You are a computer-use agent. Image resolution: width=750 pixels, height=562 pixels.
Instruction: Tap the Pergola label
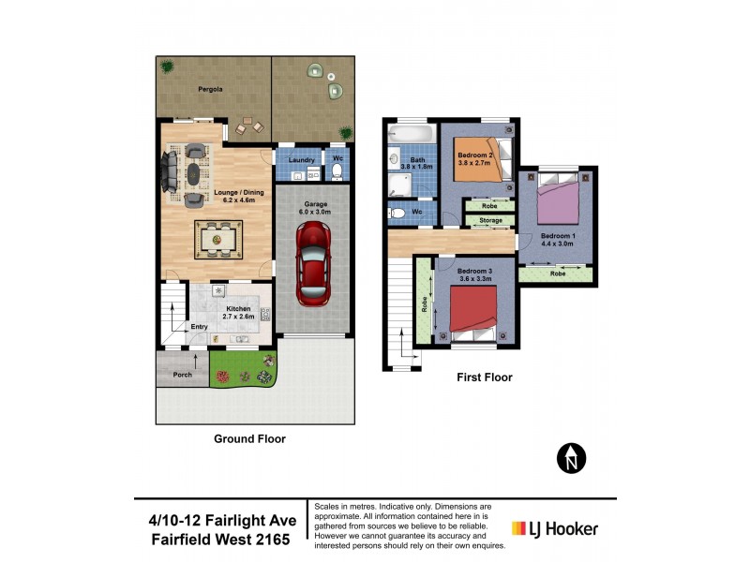coord(209,90)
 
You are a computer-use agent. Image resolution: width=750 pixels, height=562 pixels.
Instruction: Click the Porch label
coord(182,376)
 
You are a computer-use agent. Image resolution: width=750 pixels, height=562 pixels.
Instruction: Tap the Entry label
coord(199,327)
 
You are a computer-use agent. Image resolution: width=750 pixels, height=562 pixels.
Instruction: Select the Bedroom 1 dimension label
coord(557,240)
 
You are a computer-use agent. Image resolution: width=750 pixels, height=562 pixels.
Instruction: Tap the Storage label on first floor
coord(490,221)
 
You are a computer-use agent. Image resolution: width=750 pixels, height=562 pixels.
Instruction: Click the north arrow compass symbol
coord(570,458)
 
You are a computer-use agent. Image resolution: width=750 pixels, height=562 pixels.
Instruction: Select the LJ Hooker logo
coord(554,528)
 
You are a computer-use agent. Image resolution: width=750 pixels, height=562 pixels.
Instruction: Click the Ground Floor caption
coord(249,438)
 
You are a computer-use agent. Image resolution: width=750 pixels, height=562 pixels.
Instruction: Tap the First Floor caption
coord(483,377)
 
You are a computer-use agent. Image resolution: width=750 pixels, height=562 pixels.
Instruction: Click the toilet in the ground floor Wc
coord(337,172)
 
